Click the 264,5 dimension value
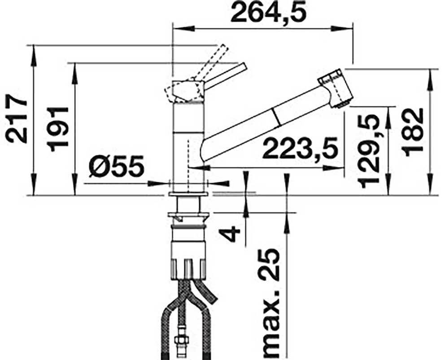pyautogui.click(x=268, y=13)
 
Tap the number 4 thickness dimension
pyautogui.click(x=230, y=233)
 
